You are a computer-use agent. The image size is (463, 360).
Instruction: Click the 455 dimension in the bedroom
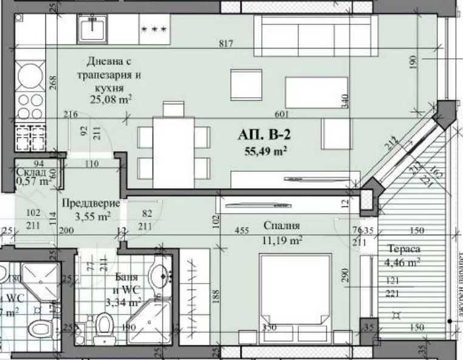point(242,231)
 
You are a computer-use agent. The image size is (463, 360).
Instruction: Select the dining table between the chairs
point(173,152)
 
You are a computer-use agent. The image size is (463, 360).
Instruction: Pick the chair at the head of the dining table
point(173,109)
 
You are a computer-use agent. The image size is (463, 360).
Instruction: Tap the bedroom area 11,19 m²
point(283,240)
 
